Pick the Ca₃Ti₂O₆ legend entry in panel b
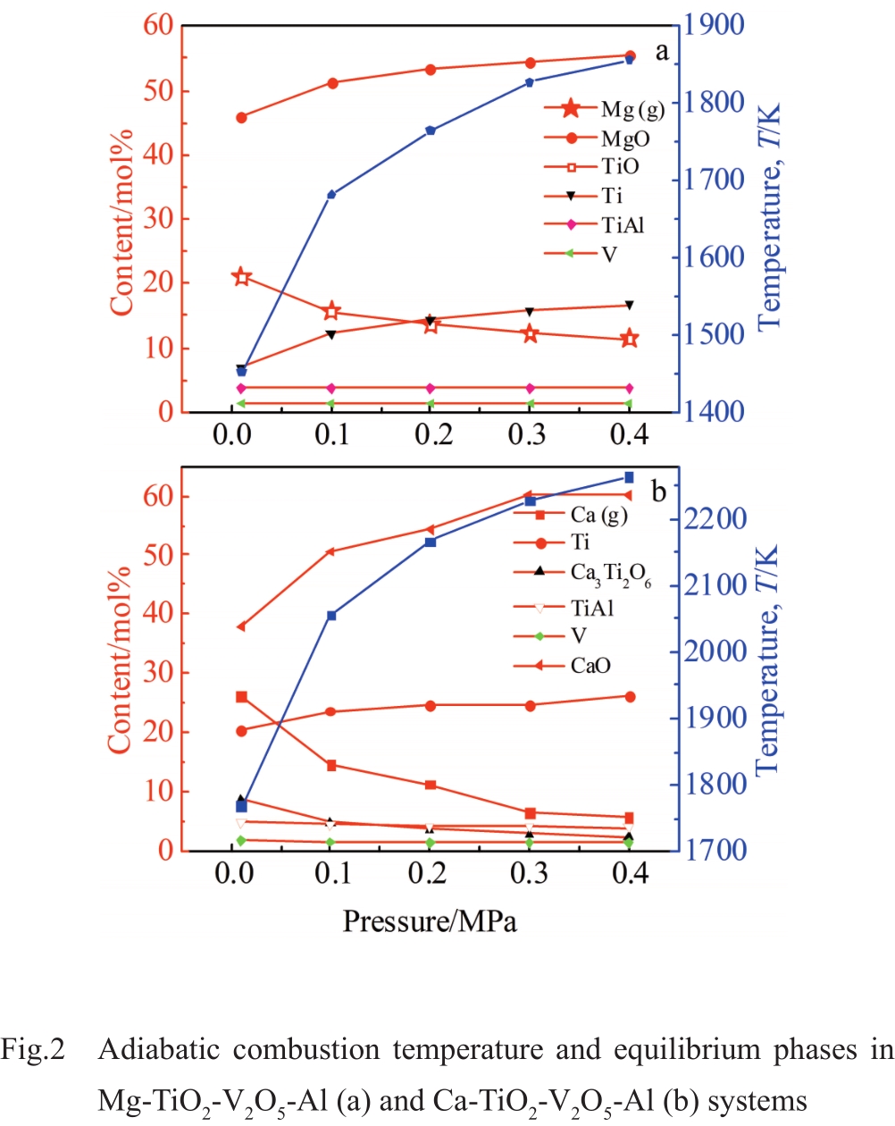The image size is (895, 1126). [x=610, y=574]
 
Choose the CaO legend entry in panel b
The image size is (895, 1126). [x=590, y=666]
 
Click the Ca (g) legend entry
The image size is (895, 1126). [x=598, y=515]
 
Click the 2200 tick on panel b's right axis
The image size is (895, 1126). [x=714, y=518]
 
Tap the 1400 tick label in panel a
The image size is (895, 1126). [x=714, y=412]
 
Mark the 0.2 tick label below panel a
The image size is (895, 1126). [x=433, y=435]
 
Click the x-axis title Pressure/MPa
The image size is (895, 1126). [x=430, y=920]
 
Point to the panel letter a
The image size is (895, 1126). [x=661, y=52]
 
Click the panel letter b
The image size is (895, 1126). [x=659, y=492]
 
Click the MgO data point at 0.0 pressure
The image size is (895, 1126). [x=241, y=117]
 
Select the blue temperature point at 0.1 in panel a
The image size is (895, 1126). [x=331, y=195]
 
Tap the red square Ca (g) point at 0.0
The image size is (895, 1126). [x=241, y=697]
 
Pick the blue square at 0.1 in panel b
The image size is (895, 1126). [x=331, y=616]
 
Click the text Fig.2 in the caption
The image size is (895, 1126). [x=33, y=1049]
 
